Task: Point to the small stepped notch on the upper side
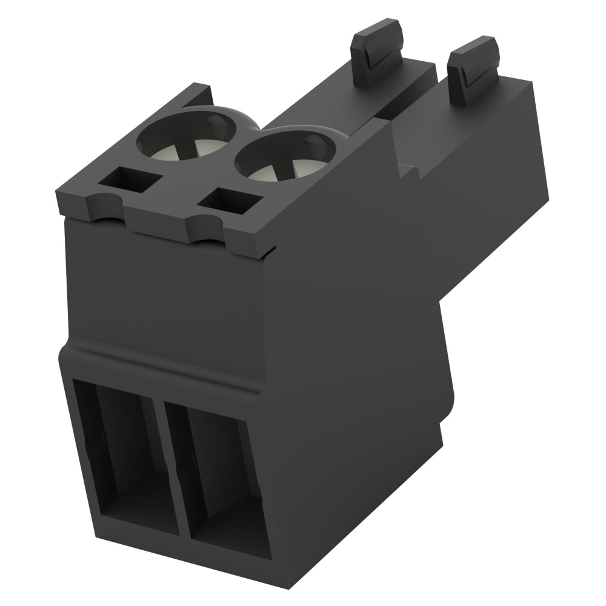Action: [x=407, y=167]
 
